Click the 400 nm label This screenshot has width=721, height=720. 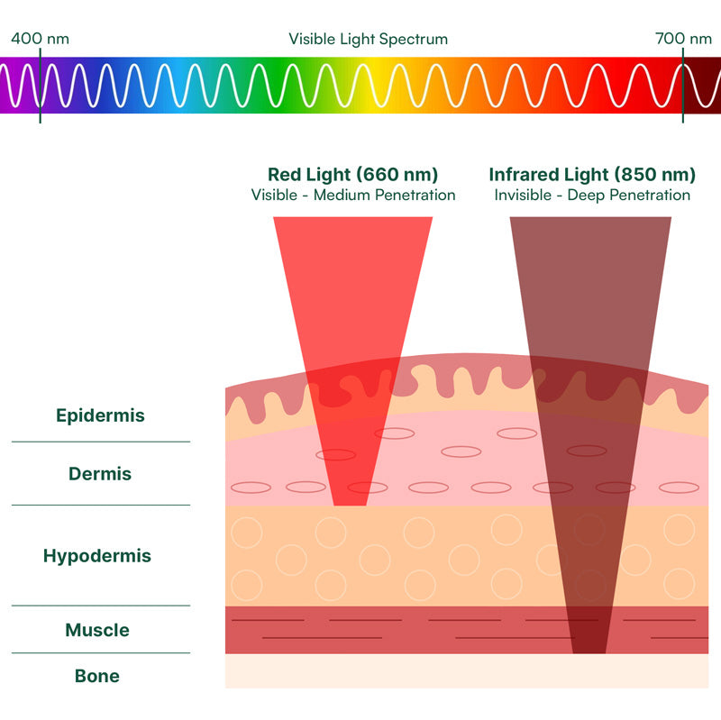point(40,39)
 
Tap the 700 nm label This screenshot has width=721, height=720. point(683,39)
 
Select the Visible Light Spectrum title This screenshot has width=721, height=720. point(368,39)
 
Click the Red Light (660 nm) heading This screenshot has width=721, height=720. point(352,175)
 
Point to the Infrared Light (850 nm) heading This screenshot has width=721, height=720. point(592,175)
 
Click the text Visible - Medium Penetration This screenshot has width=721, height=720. point(353,196)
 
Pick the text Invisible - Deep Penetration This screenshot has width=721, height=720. point(592,196)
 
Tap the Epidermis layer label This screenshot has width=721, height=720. point(100,416)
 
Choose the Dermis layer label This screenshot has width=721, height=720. point(100,474)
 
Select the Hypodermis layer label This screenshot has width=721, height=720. point(97,556)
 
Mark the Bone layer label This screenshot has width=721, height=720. point(97,676)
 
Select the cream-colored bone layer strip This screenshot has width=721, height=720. point(466,671)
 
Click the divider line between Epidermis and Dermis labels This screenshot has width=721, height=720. point(101,442)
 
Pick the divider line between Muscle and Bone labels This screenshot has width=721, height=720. point(101,652)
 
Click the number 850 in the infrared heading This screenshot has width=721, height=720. point(641,175)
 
